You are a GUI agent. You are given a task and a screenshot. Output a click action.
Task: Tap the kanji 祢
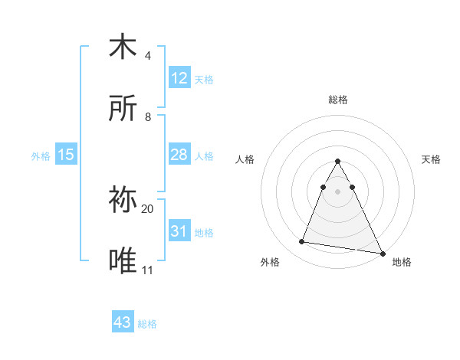tap(123, 201)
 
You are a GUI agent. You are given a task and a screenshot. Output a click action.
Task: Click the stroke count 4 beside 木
tap(147, 56)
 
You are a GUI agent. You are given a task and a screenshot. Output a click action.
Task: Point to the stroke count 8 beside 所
tap(147, 117)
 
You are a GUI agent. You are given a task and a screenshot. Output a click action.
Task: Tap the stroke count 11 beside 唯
tap(147, 270)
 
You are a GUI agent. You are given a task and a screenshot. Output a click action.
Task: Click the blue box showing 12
tap(179, 78)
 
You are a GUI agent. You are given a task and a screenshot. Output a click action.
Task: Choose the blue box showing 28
tap(179, 155)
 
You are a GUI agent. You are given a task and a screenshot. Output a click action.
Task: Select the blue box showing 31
tap(179, 231)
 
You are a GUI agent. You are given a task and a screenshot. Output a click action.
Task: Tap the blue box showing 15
tap(66, 155)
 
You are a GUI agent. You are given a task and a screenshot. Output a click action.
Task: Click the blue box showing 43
tap(123, 323)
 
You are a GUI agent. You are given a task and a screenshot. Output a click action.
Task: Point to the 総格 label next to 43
tap(147, 324)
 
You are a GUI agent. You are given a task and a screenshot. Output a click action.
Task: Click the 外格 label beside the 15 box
tap(41, 156)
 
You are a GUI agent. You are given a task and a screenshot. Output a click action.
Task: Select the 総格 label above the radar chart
tap(337, 100)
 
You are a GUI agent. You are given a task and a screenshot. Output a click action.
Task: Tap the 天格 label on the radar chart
tap(431, 159)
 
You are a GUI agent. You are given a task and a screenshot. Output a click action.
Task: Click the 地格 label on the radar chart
tap(402, 262)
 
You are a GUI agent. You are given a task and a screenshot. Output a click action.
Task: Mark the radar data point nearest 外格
tap(302, 242)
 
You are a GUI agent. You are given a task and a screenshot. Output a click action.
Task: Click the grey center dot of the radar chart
tap(337, 191)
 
